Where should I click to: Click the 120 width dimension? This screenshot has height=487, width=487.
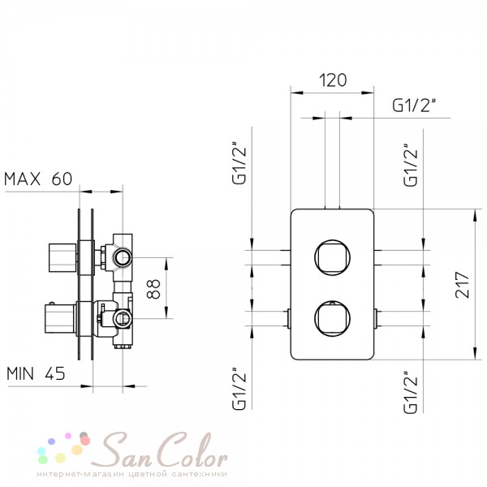click(333, 80)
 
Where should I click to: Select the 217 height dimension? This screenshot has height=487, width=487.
click(463, 285)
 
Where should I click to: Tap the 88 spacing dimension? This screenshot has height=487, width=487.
click(153, 289)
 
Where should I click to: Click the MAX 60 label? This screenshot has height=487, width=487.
click(38, 179)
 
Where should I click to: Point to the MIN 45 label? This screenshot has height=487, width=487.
click(36, 373)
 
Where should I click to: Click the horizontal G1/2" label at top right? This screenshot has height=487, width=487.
click(414, 106)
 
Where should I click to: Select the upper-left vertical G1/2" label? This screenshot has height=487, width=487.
click(239, 163)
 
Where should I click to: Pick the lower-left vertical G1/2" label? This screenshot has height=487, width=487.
click(239, 388)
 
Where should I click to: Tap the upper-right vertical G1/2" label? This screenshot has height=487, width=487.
click(411, 166)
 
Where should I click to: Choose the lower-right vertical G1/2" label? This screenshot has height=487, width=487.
click(411, 392)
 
